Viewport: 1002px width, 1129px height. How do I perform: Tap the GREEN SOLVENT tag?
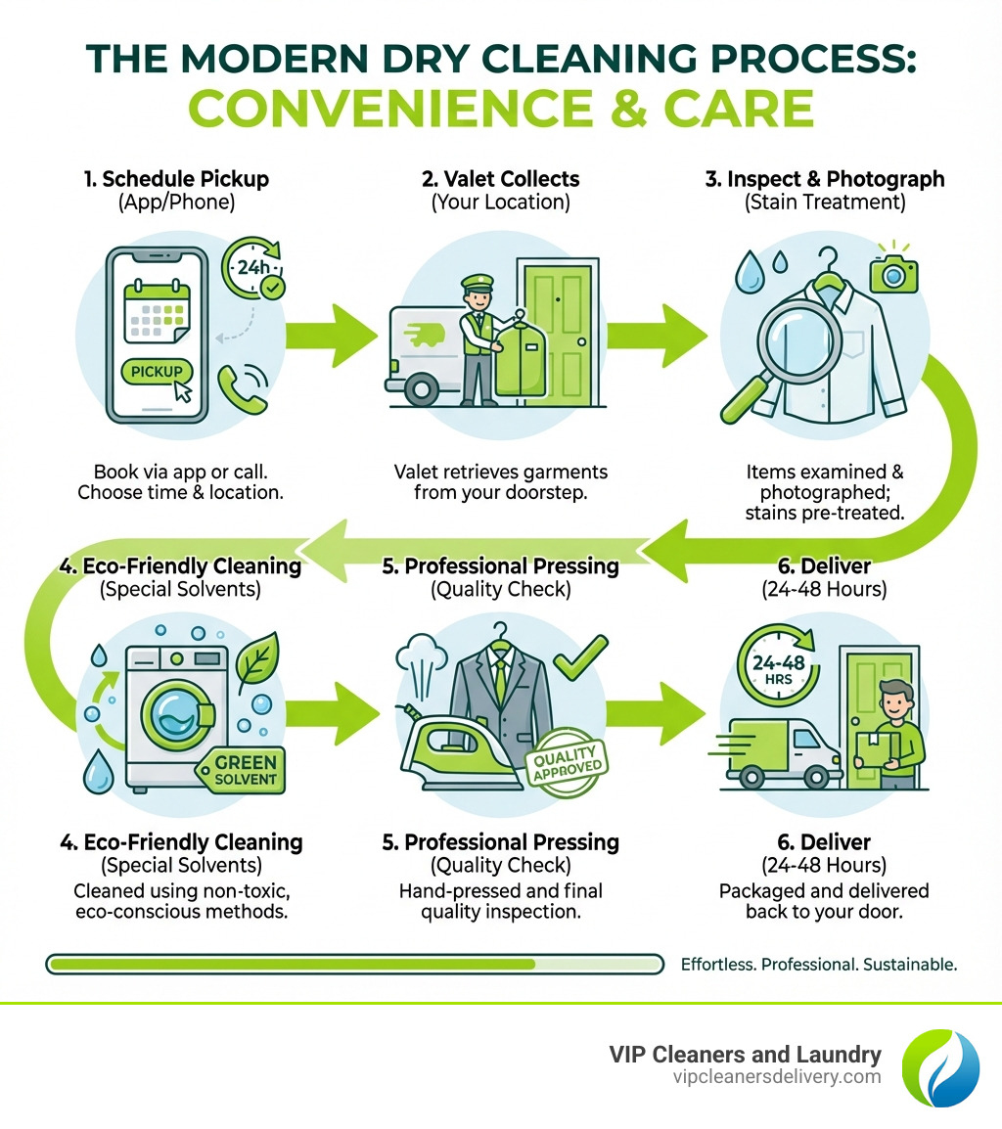pos(239,770)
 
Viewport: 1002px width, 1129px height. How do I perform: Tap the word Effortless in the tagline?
pos(717,964)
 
